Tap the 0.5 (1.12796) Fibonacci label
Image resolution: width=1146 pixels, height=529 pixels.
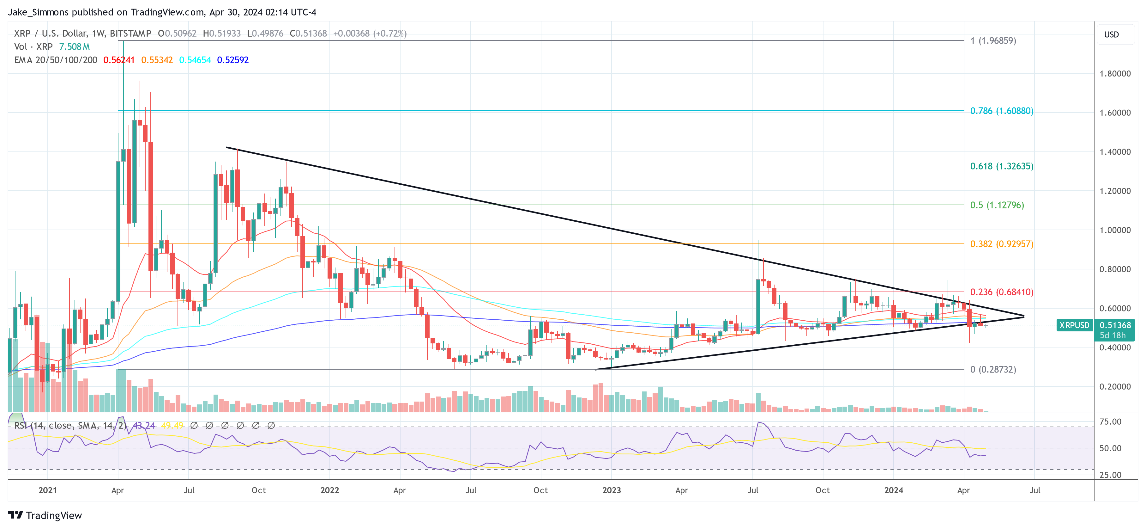coord(997,205)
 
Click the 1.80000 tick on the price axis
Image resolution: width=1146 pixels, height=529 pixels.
coord(1115,73)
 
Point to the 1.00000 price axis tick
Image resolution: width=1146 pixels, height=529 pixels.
coord(1115,230)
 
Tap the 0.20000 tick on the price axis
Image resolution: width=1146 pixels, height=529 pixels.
coord(1115,386)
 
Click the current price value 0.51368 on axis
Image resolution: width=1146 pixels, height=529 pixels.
coord(1115,325)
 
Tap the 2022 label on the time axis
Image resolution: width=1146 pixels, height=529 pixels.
coord(330,490)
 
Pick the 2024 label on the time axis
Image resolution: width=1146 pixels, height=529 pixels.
coord(893,490)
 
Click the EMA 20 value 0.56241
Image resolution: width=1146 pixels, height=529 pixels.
coord(119,60)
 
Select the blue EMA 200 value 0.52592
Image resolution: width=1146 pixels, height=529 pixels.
coord(233,60)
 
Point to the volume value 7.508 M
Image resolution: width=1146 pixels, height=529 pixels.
coord(74,47)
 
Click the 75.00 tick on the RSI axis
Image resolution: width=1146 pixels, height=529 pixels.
coord(1110,422)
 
